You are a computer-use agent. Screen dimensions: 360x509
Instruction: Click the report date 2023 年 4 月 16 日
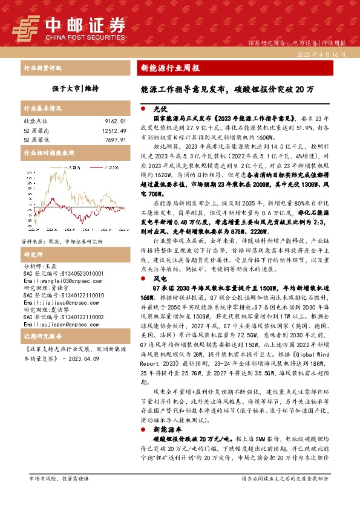click(321, 54)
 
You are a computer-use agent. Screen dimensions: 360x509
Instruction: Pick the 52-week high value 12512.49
click(113, 130)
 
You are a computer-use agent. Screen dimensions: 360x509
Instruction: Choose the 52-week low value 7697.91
click(114, 139)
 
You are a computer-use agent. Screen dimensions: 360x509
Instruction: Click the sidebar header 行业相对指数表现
click(48, 154)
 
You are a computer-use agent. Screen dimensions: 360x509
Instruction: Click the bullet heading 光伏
click(160, 109)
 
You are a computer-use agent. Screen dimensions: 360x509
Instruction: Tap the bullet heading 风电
click(160, 279)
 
